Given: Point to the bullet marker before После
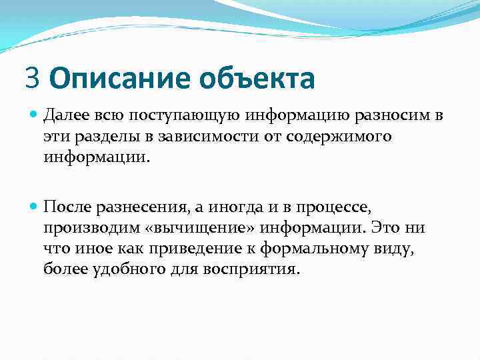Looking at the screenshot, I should pyautogui.click(x=35, y=209).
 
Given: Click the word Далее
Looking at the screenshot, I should pyautogui.click(x=65, y=117).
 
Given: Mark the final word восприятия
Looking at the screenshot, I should pyautogui.click(x=254, y=269).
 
